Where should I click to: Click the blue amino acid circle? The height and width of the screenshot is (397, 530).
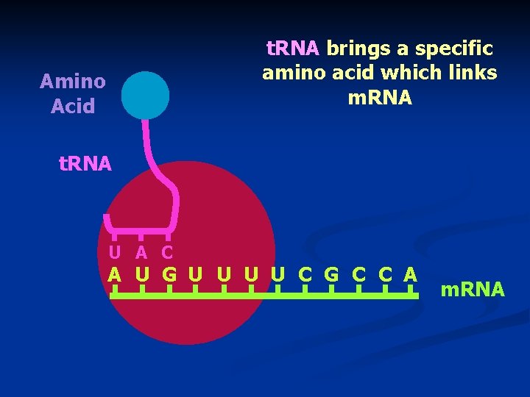pos(145,95)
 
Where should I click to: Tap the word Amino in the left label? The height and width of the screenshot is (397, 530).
pos(72,80)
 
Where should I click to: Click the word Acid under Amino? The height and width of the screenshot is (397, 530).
pos(73,106)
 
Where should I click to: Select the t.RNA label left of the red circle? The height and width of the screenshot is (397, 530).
pos(85,163)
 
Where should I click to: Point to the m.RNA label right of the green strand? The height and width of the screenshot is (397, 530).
pos(472,290)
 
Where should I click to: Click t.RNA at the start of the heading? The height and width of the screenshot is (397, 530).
pos(291,49)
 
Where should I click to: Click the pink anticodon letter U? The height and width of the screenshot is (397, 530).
pos(116,252)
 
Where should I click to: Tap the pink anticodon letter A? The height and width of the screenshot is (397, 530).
pos(141,252)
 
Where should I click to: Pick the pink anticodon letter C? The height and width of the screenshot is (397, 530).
pos(167,252)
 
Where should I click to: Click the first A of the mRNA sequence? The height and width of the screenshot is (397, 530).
pos(114,275)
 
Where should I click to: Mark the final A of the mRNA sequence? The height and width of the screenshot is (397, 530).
pos(411,275)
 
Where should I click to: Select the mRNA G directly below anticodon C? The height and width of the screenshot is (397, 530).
pos(169,275)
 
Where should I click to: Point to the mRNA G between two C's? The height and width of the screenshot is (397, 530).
pos(331,275)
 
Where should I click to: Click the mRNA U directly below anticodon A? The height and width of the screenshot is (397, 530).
pos(142,275)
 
